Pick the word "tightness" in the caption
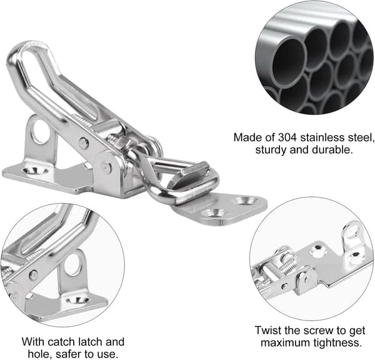[337, 343]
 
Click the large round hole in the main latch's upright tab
[40, 132]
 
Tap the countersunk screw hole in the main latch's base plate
[35, 171]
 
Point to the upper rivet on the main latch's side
[84, 144]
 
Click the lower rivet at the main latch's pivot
[106, 167]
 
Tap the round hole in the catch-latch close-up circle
[73, 265]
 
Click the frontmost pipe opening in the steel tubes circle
[289, 62]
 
